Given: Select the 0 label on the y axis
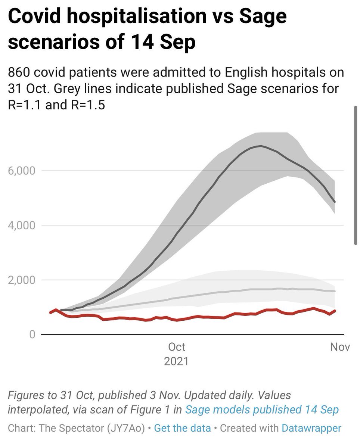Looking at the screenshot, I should click(32, 334).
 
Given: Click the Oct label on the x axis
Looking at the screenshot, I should click(177, 347).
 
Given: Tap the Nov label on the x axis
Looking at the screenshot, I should click(340, 347).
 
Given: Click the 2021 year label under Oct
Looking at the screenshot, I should click(177, 361).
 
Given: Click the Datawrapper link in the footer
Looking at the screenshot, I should click(311, 428).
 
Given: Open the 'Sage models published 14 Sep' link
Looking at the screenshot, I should click(262, 410).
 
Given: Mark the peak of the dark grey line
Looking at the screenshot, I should click(261, 146).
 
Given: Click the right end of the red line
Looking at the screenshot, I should click(335, 311).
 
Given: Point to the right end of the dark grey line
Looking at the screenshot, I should click(335, 202).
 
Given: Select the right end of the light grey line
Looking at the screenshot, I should click(335, 291).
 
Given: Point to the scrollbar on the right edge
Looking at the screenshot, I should click(356, 175).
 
